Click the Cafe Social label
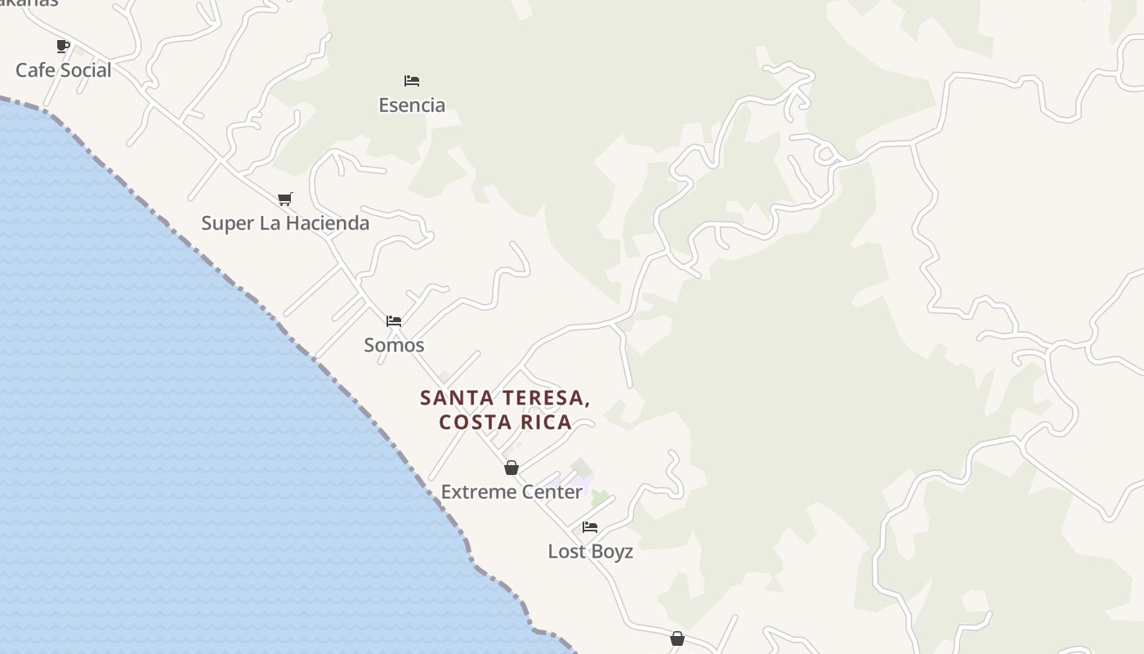pos(63,70)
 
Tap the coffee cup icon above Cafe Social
pos(63,47)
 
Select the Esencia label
pos(412,105)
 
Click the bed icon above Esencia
pos(412,81)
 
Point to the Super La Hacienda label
pos(285,223)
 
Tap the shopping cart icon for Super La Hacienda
pos(285,199)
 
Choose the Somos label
pos(394,345)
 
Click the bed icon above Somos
pos(394,321)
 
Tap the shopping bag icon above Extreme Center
pos(512,468)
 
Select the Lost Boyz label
pos(590,552)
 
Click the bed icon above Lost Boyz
pos(590,527)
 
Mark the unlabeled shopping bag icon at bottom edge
pos(677,639)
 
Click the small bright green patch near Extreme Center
pos(600,497)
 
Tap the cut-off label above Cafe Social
pos(29,3)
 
